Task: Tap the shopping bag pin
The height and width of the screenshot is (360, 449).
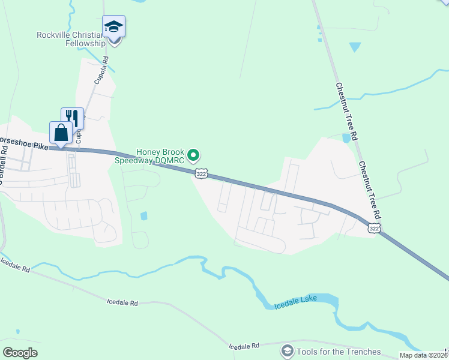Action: (61, 133)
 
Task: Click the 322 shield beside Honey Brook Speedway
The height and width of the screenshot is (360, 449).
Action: (202, 173)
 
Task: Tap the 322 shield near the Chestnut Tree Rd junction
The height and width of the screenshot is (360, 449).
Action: (373, 229)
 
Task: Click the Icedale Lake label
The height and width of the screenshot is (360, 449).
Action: (294, 304)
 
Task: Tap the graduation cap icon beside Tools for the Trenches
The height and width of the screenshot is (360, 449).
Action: (288, 350)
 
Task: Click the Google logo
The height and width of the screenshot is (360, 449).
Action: (20, 353)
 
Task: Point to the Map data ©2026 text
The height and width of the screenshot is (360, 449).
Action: (423, 355)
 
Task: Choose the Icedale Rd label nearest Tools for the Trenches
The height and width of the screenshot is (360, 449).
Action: (244, 346)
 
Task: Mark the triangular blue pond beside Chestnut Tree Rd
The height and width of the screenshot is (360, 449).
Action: (355, 46)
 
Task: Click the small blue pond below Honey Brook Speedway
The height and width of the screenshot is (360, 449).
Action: (143, 215)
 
